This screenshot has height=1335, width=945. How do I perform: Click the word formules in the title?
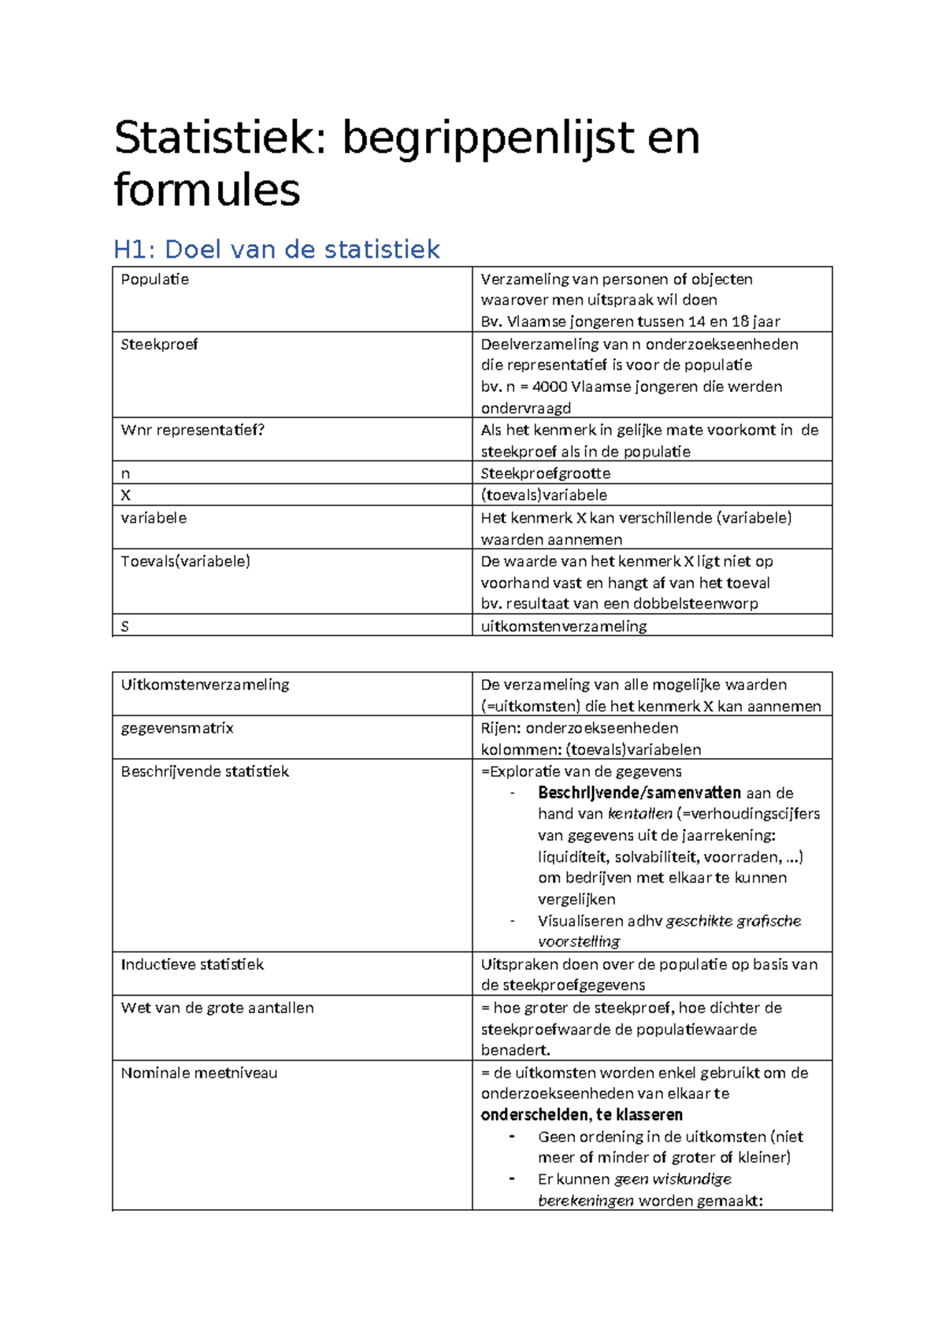(x=206, y=190)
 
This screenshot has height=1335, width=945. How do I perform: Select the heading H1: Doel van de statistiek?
(x=276, y=250)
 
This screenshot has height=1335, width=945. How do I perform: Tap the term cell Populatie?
(x=154, y=279)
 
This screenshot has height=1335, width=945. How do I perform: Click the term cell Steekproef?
(x=159, y=345)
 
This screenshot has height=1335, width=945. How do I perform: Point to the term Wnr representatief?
(x=192, y=431)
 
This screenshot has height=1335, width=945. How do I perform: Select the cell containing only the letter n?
(x=125, y=474)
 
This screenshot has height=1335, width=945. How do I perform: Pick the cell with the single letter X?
(x=125, y=496)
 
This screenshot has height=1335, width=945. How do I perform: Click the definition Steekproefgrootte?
(x=545, y=474)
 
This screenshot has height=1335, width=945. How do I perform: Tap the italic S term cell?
(x=124, y=627)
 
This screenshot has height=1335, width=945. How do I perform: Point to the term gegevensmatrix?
(x=177, y=729)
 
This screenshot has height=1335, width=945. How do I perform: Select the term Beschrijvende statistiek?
(x=205, y=772)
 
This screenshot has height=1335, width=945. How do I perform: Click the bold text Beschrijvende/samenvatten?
(x=639, y=793)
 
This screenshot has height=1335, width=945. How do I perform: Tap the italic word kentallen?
(x=640, y=815)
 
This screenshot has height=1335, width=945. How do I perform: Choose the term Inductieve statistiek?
(x=192, y=965)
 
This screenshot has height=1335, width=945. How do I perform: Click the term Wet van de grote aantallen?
(x=217, y=1008)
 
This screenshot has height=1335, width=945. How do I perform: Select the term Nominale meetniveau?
(x=198, y=1074)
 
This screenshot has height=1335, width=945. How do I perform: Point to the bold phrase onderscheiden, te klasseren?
(x=581, y=1115)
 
